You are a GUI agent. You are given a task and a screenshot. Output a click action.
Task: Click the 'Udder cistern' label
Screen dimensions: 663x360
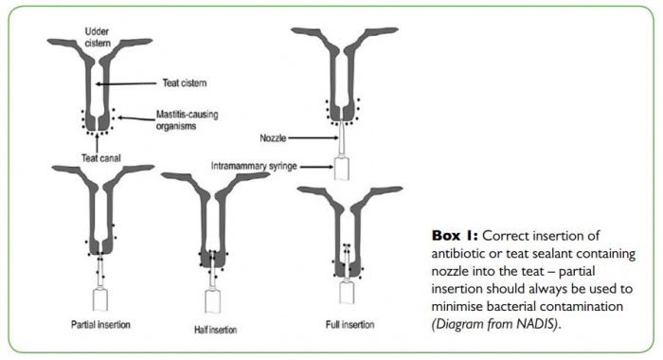tap(98, 37)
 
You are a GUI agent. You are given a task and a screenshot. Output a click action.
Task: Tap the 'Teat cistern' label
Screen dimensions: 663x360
tap(185, 83)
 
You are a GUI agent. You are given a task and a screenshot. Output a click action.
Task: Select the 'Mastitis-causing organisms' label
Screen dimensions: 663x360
tap(187, 120)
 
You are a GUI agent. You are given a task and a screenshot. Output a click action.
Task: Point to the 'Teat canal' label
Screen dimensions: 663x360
tap(100, 158)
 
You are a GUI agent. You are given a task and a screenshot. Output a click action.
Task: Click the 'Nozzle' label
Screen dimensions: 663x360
tap(273, 138)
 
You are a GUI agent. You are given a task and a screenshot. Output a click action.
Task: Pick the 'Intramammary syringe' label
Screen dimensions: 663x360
tap(254, 166)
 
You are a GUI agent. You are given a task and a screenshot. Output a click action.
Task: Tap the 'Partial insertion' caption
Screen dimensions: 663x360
tap(100, 325)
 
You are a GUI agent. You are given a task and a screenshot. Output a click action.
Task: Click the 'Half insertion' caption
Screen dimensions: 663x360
tap(215, 330)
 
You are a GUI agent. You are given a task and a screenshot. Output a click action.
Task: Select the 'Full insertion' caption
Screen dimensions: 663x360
tap(349, 325)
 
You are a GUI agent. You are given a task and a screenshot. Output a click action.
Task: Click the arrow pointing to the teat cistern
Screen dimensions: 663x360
tap(126, 83)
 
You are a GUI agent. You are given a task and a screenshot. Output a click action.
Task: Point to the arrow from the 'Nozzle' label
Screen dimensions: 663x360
tap(313, 138)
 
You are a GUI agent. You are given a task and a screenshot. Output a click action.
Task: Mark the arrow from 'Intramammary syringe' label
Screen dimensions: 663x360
tap(316, 167)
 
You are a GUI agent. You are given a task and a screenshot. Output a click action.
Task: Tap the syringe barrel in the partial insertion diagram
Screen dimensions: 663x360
tap(99, 299)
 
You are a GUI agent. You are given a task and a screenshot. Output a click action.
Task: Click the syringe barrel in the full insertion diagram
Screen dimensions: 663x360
tap(348, 293)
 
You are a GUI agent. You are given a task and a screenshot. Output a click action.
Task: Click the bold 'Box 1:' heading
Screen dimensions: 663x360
tap(455, 235)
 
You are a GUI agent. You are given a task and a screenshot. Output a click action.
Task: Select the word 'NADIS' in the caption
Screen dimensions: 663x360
tap(537, 324)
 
